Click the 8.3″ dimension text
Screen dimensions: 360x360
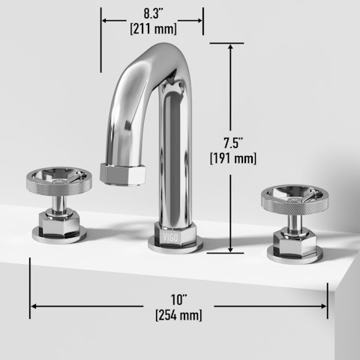(152, 13)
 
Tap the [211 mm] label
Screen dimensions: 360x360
(152, 30)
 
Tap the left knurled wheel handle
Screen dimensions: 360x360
(58, 193)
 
